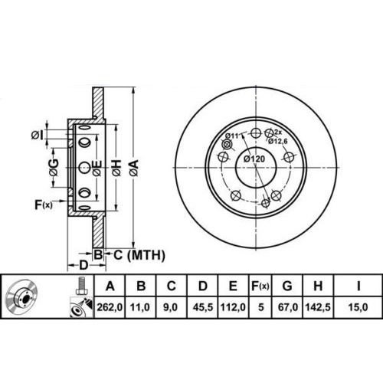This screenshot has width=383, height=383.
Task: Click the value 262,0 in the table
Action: tap(110, 307)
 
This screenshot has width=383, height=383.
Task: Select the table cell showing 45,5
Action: tap(203, 307)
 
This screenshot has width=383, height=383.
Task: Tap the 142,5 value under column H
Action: tap(318, 307)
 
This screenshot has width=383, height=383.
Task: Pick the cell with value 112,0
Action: tap(233, 307)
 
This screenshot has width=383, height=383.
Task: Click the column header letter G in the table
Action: tap(287, 286)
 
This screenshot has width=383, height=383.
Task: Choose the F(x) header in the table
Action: tap(260, 286)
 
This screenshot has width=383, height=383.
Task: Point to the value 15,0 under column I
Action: tap(358, 307)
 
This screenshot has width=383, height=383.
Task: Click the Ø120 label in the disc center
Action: tap(254, 159)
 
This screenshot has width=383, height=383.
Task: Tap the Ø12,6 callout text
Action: tap(277, 141)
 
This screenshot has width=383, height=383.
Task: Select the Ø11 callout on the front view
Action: tap(232, 136)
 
